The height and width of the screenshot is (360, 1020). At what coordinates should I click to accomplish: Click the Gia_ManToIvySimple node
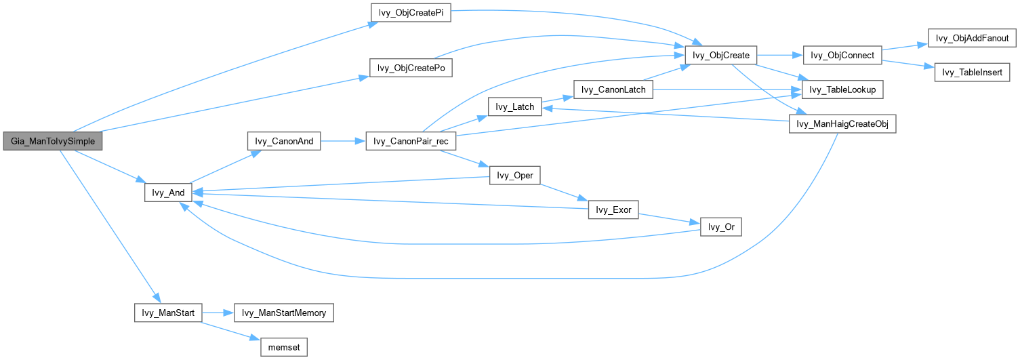[x=53, y=141]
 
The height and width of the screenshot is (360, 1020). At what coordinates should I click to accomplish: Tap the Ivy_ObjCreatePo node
[x=411, y=68]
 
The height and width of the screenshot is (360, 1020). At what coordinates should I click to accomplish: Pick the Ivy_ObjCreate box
[x=721, y=56]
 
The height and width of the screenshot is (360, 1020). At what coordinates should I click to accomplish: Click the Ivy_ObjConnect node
[x=842, y=56]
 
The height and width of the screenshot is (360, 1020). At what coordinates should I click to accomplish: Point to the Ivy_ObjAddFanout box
[x=972, y=38]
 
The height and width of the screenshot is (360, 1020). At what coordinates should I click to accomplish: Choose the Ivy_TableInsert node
[x=972, y=72]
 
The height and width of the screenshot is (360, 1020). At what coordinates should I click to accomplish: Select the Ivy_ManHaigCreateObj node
[x=842, y=124]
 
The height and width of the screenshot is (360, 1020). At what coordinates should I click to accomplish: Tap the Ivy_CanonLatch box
[x=613, y=89]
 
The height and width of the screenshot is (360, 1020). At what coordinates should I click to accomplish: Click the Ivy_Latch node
[x=515, y=106]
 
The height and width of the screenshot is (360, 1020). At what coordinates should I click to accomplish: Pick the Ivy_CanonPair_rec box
[x=411, y=141]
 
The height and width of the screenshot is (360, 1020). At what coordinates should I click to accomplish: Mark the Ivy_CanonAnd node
[x=284, y=141]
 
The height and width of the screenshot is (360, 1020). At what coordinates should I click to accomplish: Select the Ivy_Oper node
[x=515, y=176]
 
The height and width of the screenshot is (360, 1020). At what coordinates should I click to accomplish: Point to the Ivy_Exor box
[x=613, y=209]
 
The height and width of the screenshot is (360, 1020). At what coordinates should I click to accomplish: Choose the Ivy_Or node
[x=721, y=226]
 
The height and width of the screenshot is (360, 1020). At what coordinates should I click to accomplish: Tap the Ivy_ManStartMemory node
[x=284, y=313]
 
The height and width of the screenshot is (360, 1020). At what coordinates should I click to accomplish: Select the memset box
[x=284, y=347]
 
